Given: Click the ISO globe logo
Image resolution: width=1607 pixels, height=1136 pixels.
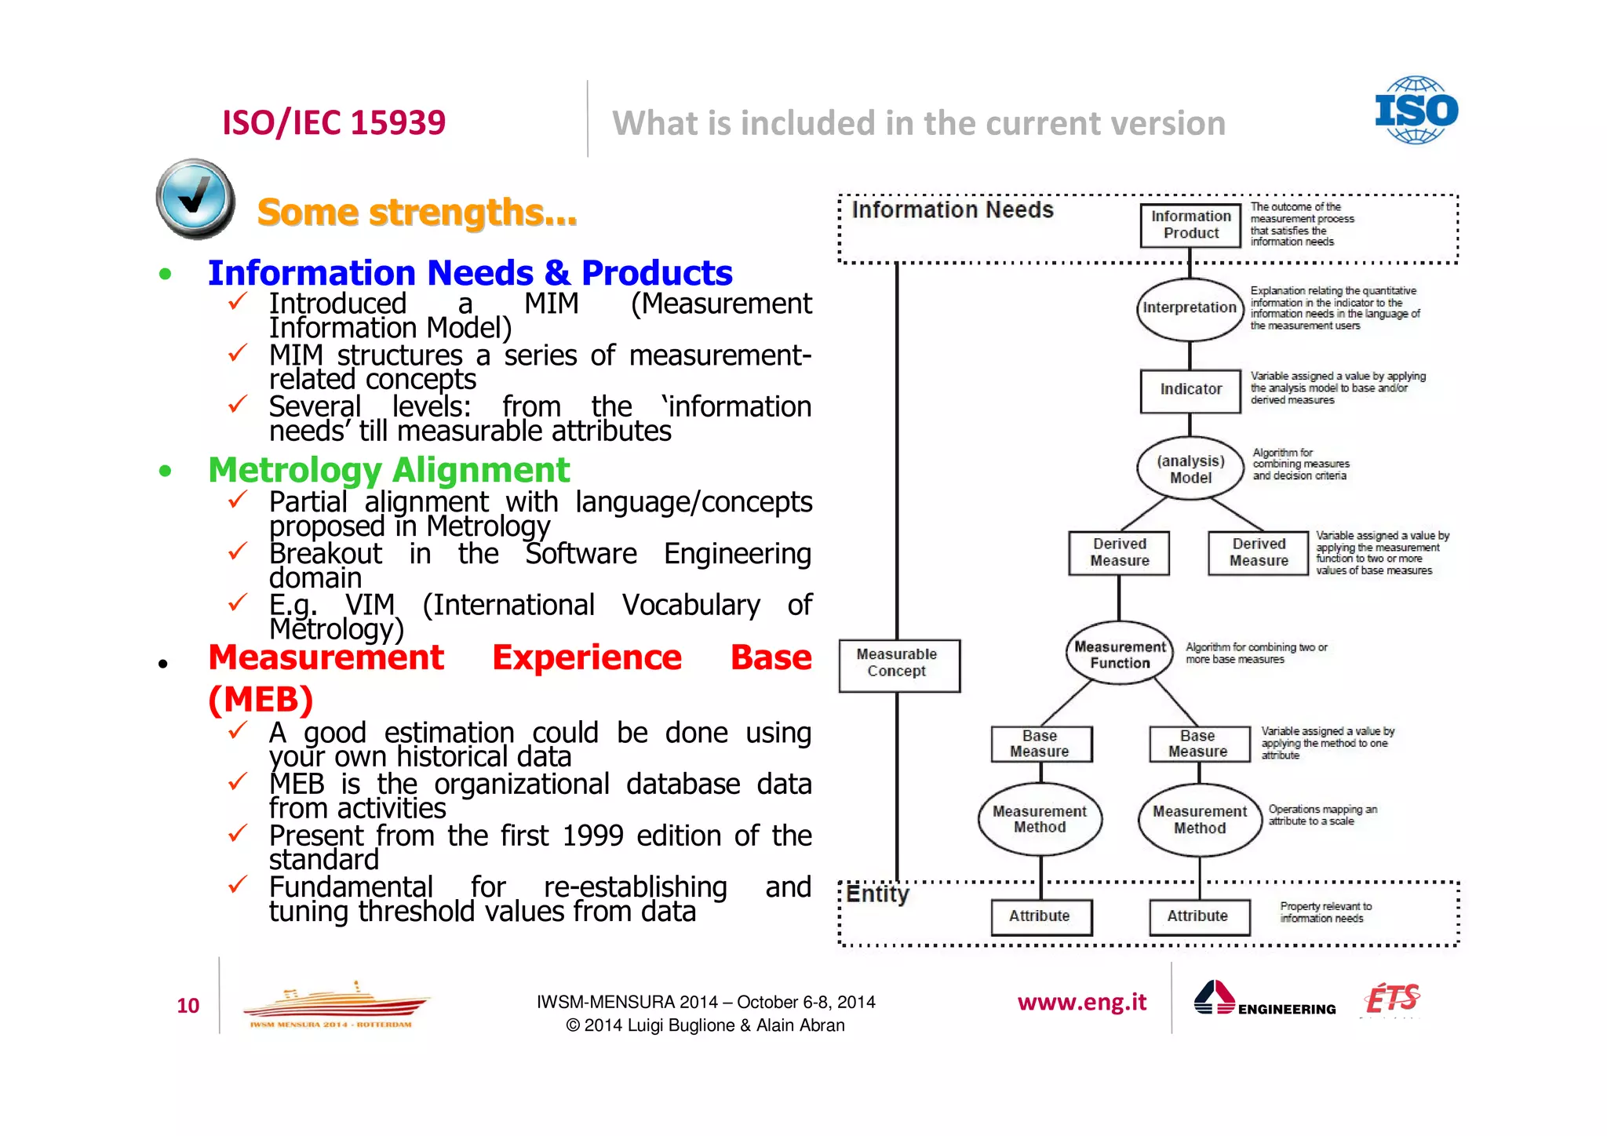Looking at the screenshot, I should [x=1416, y=110].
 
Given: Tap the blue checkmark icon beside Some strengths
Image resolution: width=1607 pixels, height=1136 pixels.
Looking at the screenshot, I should [x=195, y=198].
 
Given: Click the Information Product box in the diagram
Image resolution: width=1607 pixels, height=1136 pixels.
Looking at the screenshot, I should [x=1190, y=225].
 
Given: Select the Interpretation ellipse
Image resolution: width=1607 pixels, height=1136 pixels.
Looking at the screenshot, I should [x=1190, y=308].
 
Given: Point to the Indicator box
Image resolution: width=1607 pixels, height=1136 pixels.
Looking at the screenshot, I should [x=1190, y=390].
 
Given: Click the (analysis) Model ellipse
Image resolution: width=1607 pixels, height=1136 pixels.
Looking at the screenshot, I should [x=1190, y=469].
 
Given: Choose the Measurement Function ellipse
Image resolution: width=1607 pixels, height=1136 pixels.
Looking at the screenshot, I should [x=1120, y=654].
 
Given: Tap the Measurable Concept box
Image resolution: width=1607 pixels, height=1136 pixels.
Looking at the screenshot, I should [x=898, y=664].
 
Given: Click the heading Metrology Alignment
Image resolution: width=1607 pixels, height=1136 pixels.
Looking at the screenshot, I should [x=388, y=470].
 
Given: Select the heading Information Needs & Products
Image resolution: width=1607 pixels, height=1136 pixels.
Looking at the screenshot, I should [x=469, y=273].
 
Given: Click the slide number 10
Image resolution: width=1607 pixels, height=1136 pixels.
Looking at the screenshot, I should [x=188, y=1006].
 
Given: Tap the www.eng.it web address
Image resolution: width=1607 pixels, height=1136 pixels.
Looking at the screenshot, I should [x=1081, y=1003].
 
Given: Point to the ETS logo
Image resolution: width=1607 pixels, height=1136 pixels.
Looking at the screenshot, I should [x=1392, y=999].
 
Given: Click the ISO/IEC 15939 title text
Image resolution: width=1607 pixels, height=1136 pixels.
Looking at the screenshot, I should [x=333, y=122].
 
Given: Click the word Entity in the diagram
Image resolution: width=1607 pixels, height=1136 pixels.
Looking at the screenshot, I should [x=878, y=894].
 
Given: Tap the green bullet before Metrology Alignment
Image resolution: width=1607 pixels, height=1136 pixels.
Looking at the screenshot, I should [x=165, y=471].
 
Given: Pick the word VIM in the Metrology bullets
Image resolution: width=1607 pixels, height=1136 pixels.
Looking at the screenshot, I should [x=370, y=606].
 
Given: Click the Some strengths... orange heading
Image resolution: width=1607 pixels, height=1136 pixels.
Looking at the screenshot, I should [x=417, y=213].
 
